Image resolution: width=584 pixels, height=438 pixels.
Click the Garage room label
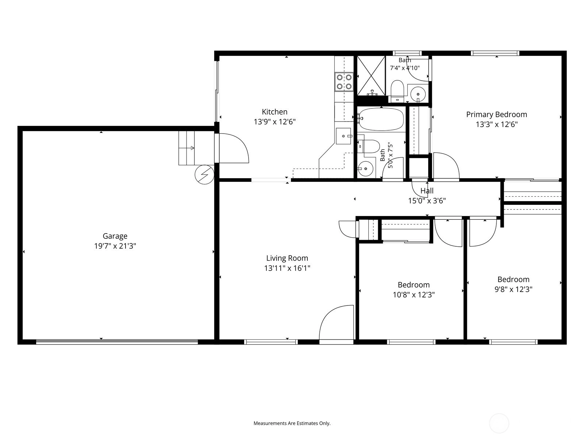pyautogui.click(x=115, y=236)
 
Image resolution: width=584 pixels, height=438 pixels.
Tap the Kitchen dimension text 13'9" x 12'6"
pyautogui.click(x=274, y=122)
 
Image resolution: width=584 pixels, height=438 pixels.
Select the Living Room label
pyautogui.click(x=287, y=258)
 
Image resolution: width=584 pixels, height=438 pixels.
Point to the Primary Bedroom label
pyautogui.click(x=496, y=115)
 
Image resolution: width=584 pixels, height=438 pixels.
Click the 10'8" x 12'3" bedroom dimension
pyautogui.click(x=414, y=295)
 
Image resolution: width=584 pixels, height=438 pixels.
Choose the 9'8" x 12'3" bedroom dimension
pyautogui.click(x=514, y=289)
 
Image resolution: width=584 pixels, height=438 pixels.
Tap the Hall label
pyautogui.click(x=427, y=191)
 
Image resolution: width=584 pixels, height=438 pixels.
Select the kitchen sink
pyautogui.click(x=343, y=136)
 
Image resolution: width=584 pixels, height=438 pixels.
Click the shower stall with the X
pyautogui.click(x=371, y=76)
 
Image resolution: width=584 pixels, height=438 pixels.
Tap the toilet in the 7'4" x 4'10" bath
pyautogui.click(x=397, y=90)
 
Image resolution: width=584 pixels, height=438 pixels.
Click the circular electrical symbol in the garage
pyautogui.click(x=204, y=175)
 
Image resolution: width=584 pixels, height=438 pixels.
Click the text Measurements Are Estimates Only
pyautogui.click(x=292, y=423)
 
